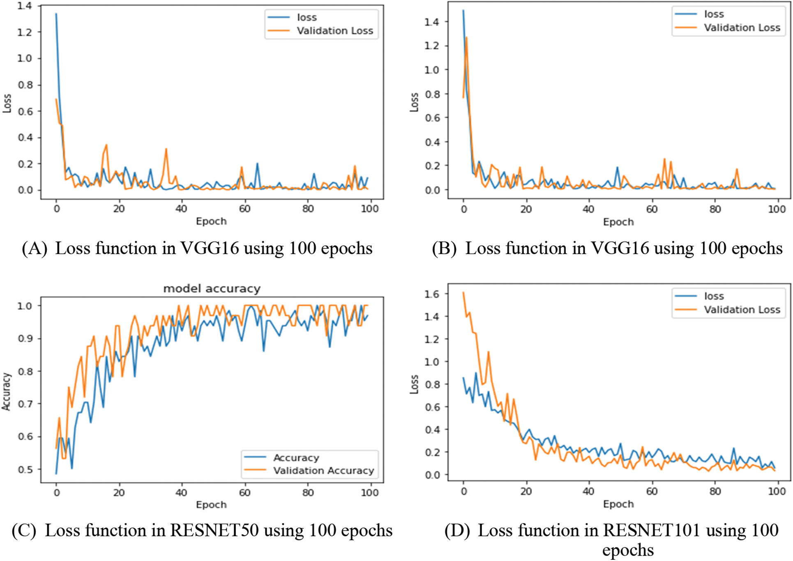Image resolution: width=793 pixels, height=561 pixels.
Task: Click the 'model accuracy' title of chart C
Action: tap(212, 289)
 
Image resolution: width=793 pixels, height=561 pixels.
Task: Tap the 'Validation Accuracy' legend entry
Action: tap(323, 471)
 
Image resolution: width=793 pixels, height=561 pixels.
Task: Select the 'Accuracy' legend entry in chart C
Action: tap(296, 458)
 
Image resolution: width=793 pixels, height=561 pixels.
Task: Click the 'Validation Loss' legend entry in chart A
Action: tap(334, 31)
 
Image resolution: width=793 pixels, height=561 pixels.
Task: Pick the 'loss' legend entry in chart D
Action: tap(714, 296)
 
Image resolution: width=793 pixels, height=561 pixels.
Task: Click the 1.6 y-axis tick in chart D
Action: tap(431, 294)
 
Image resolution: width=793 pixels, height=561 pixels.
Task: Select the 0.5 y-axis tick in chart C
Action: tap(25, 469)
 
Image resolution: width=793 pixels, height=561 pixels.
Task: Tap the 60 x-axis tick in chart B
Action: tap(652, 209)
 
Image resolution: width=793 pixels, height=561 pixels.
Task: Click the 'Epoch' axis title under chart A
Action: tap(211, 221)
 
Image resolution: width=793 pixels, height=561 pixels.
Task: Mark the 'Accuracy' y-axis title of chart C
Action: tap(6, 391)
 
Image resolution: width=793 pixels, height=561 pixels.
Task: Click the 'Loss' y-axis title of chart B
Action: tap(414, 102)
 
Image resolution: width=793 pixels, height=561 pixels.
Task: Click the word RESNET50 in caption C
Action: tap(214, 531)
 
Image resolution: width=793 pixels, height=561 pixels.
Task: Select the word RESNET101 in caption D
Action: tap(652, 531)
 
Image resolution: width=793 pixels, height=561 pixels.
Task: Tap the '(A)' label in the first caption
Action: tap(35, 248)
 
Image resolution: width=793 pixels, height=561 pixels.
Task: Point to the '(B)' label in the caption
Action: tap(444, 248)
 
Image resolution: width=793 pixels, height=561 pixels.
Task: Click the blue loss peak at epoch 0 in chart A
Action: tap(56, 14)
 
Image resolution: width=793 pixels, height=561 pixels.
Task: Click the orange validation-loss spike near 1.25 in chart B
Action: tap(466, 38)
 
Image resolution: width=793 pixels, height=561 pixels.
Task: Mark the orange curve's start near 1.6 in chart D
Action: tap(463, 293)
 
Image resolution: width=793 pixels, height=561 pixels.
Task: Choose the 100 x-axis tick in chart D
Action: tap(777, 492)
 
